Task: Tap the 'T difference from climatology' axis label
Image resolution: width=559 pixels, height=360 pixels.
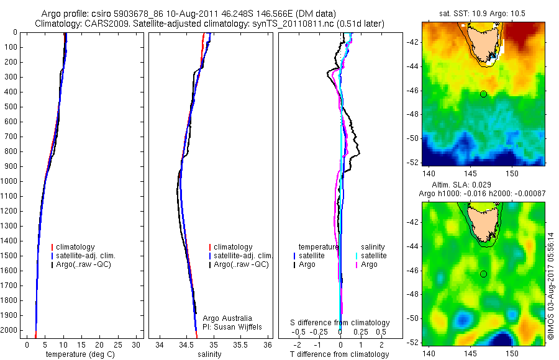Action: tap(340, 354)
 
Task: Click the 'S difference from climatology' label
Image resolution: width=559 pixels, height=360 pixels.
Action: tap(340, 323)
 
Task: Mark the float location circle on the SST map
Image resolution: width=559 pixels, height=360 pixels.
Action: tap(483, 94)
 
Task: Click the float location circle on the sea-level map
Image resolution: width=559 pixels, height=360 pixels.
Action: tap(483, 274)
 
